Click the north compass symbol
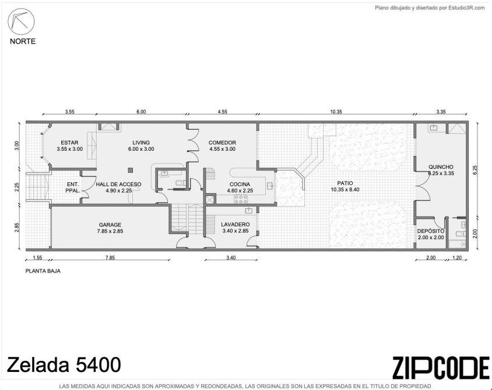pyautogui.click(x=21, y=22)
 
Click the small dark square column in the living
pyautogui.click(x=131, y=170)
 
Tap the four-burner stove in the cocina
pyautogui.click(x=241, y=199)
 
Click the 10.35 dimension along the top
pyautogui.click(x=336, y=112)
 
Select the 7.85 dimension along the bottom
pyautogui.click(x=110, y=258)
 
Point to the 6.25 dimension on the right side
pyautogui.click(x=475, y=170)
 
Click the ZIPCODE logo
pyautogui.click(x=441, y=367)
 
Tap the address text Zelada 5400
pyautogui.click(x=64, y=364)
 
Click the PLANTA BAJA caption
pyautogui.click(x=43, y=271)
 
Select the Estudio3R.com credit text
pyautogui.click(x=430, y=8)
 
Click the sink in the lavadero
pyautogui.click(x=249, y=210)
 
